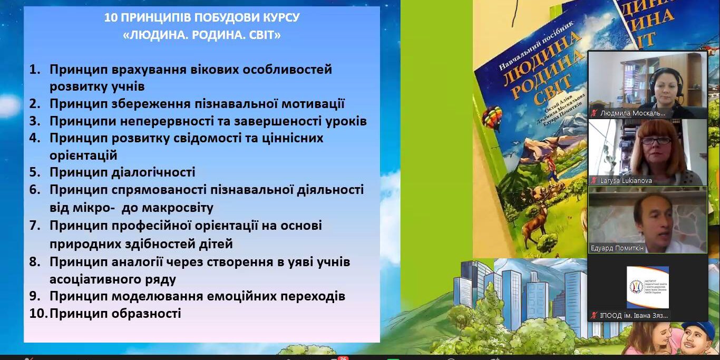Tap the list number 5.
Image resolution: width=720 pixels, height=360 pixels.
(35, 172)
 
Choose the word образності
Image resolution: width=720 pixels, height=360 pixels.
(146, 314)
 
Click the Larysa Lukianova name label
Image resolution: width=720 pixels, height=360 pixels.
(626, 180)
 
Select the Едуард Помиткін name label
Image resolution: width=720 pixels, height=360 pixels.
(617, 248)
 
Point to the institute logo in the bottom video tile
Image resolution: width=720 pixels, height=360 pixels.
(647, 287)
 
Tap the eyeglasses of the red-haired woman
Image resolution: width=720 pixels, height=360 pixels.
(655, 141)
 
